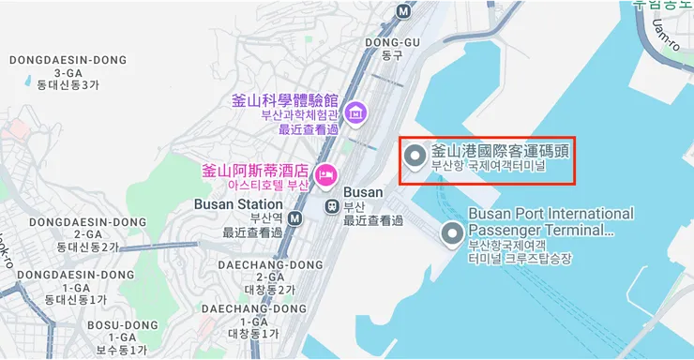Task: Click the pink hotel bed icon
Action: point(325,173)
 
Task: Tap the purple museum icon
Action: point(355,114)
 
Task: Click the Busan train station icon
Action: point(331,205)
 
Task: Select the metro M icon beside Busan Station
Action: point(295,218)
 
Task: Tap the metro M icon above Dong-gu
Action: point(403,11)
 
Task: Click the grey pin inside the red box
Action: point(415,158)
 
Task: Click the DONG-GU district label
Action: point(391,42)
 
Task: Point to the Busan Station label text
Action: point(238,204)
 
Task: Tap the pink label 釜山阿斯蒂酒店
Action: point(255,171)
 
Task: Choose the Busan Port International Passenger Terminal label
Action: point(550,221)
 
